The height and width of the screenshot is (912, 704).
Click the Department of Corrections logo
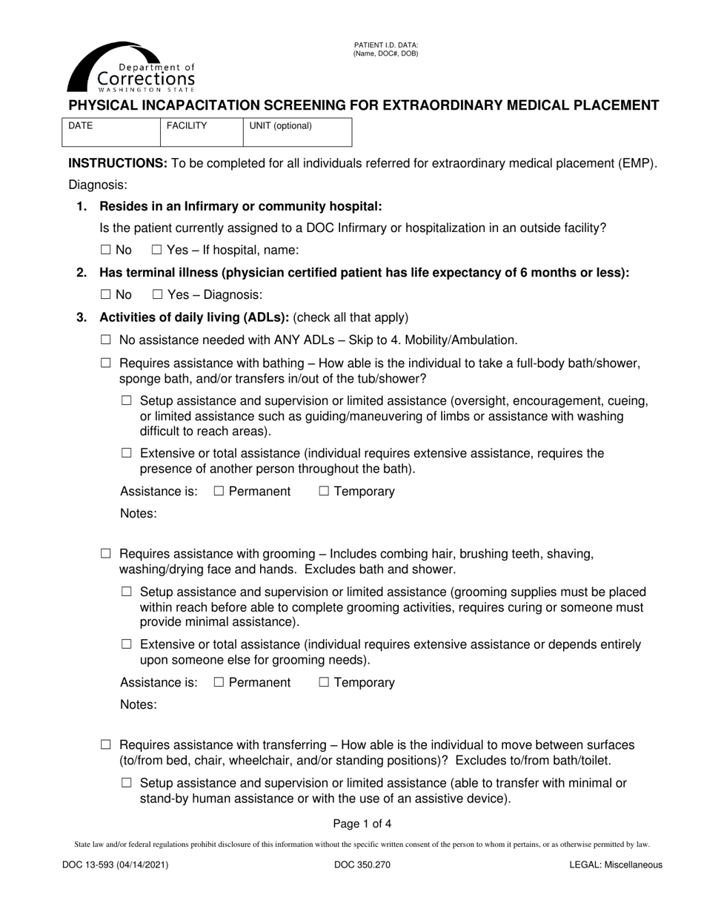pyautogui.click(x=131, y=67)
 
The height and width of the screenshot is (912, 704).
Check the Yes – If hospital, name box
pyautogui.click(x=156, y=251)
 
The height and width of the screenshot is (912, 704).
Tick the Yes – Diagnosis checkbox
pyautogui.click(x=157, y=295)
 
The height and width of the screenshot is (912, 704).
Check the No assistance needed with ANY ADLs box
pyautogui.click(x=105, y=340)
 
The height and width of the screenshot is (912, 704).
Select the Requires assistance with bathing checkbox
pyautogui.click(x=105, y=363)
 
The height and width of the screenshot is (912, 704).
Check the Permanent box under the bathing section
pyautogui.click(x=219, y=492)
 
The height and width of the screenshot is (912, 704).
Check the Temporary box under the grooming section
pyautogui.click(x=324, y=683)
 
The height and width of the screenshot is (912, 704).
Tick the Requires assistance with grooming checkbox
pyautogui.click(x=105, y=554)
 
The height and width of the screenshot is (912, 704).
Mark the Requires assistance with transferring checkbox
pyautogui.click(x=105, y=744)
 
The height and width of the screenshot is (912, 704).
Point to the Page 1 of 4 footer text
pyautogui.click(x=362, y=823)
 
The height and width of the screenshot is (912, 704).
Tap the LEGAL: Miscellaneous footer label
pyautogui.click(x=616, y=865)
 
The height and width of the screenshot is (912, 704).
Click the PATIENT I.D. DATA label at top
pyautogui.click(x=385, y=46)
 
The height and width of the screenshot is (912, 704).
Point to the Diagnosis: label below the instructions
pyautogui.click(x=98, y=185)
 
